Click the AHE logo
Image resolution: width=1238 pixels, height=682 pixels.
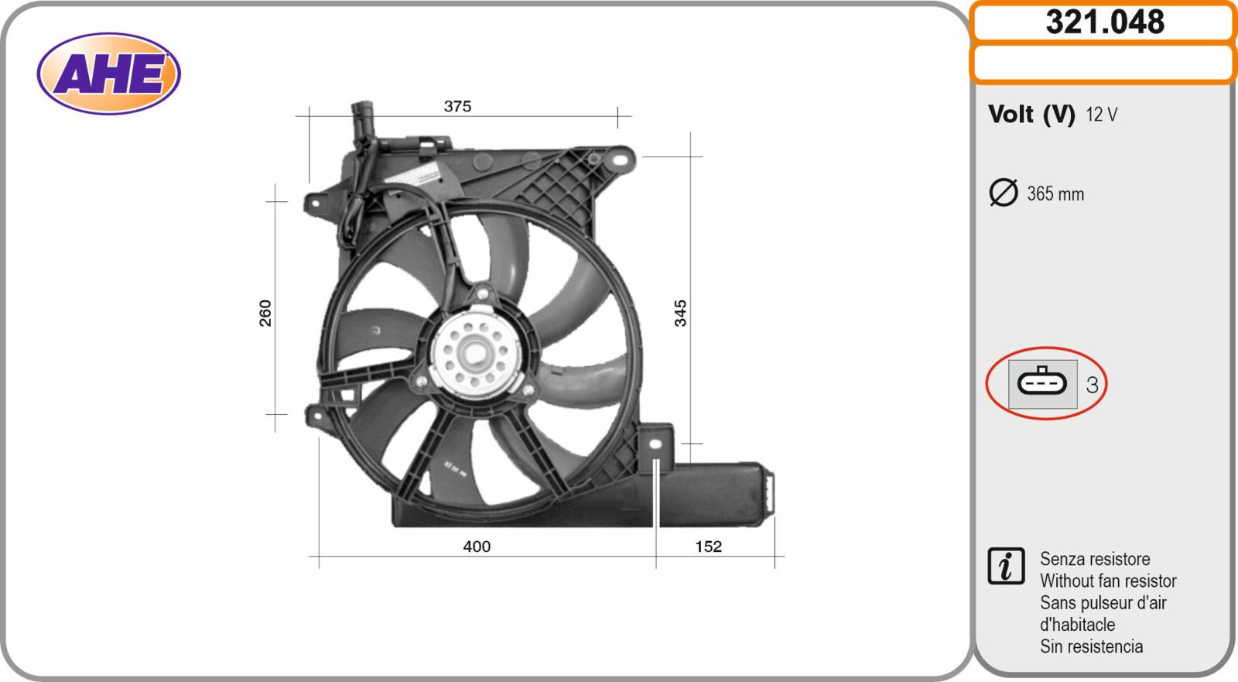click(109, 74)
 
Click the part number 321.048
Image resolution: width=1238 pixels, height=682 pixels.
click(1105, 22)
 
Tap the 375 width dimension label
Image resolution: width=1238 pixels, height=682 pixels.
click(457, 106)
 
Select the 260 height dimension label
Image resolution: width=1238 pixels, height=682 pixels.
click(266, 313)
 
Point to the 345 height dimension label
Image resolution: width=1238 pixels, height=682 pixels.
click(680, 313)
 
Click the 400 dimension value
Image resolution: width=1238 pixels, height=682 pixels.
click(477, 547)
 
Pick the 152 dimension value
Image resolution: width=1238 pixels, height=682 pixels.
click(708, 547)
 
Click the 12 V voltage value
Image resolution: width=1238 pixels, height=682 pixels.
click(1102, 115)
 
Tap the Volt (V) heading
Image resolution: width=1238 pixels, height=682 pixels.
click(1031, 115)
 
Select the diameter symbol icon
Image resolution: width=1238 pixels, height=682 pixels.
click(1003, 193)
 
